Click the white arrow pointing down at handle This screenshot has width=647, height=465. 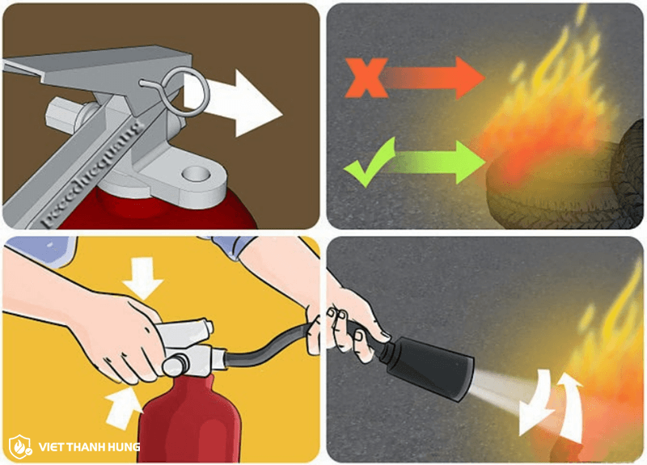145,276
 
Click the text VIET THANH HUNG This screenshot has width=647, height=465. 85,446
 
